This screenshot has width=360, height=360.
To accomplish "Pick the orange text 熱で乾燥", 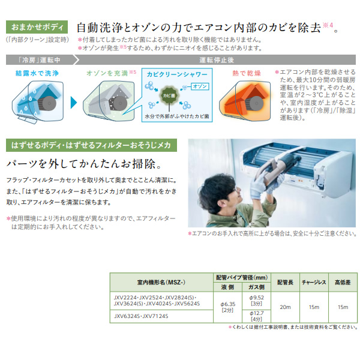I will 246,74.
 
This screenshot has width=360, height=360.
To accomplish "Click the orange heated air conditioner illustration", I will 243,99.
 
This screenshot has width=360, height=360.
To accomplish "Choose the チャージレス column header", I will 313,281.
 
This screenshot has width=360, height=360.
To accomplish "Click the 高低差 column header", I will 342,281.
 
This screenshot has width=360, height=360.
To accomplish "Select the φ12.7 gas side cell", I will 255,316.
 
